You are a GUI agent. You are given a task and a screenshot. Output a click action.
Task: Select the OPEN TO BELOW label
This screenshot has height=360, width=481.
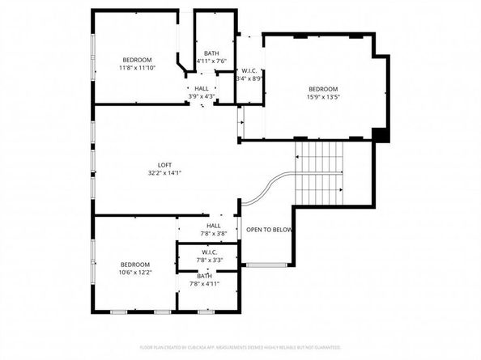pos(269,230)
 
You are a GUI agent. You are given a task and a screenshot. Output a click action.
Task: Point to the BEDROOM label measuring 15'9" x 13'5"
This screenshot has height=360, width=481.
pos(322,89)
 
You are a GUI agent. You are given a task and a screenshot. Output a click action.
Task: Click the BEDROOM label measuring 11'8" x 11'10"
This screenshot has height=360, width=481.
pos(137,60)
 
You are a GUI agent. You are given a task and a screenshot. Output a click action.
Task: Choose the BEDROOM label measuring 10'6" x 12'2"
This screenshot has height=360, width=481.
pos(135,265)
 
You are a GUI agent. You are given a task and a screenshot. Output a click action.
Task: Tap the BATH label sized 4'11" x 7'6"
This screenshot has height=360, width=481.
pos(211,53)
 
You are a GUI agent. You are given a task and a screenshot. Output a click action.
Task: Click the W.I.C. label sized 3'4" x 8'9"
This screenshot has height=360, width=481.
pos(249,70)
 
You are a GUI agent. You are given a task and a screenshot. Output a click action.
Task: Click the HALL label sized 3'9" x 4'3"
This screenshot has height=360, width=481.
pos(201,88)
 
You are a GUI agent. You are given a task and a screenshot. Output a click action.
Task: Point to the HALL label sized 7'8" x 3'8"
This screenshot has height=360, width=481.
pos(214,226)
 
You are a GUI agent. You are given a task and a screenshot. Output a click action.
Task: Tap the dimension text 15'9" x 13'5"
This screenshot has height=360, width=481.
pos(322,97)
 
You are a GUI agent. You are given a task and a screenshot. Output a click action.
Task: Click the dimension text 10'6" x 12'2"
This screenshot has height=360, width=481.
pos(135,273)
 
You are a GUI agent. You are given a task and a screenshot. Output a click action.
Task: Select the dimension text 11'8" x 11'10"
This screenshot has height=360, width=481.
pos(137,68)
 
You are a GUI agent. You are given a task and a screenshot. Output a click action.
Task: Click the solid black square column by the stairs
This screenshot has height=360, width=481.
pos(378,134)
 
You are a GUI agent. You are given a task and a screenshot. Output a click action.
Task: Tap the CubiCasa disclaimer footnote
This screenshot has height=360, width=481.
pos(240,348)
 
